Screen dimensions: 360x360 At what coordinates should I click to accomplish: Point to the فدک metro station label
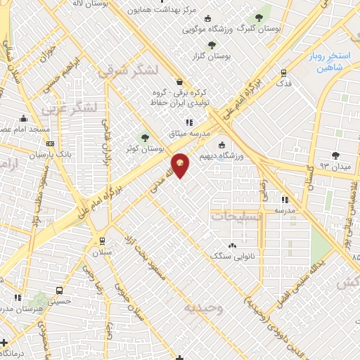coord(283,83)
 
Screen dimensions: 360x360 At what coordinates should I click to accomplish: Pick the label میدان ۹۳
coord(335,166)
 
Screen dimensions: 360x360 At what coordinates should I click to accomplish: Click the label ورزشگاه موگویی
coord(205,30)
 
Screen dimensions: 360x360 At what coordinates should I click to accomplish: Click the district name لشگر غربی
coord(63,108)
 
